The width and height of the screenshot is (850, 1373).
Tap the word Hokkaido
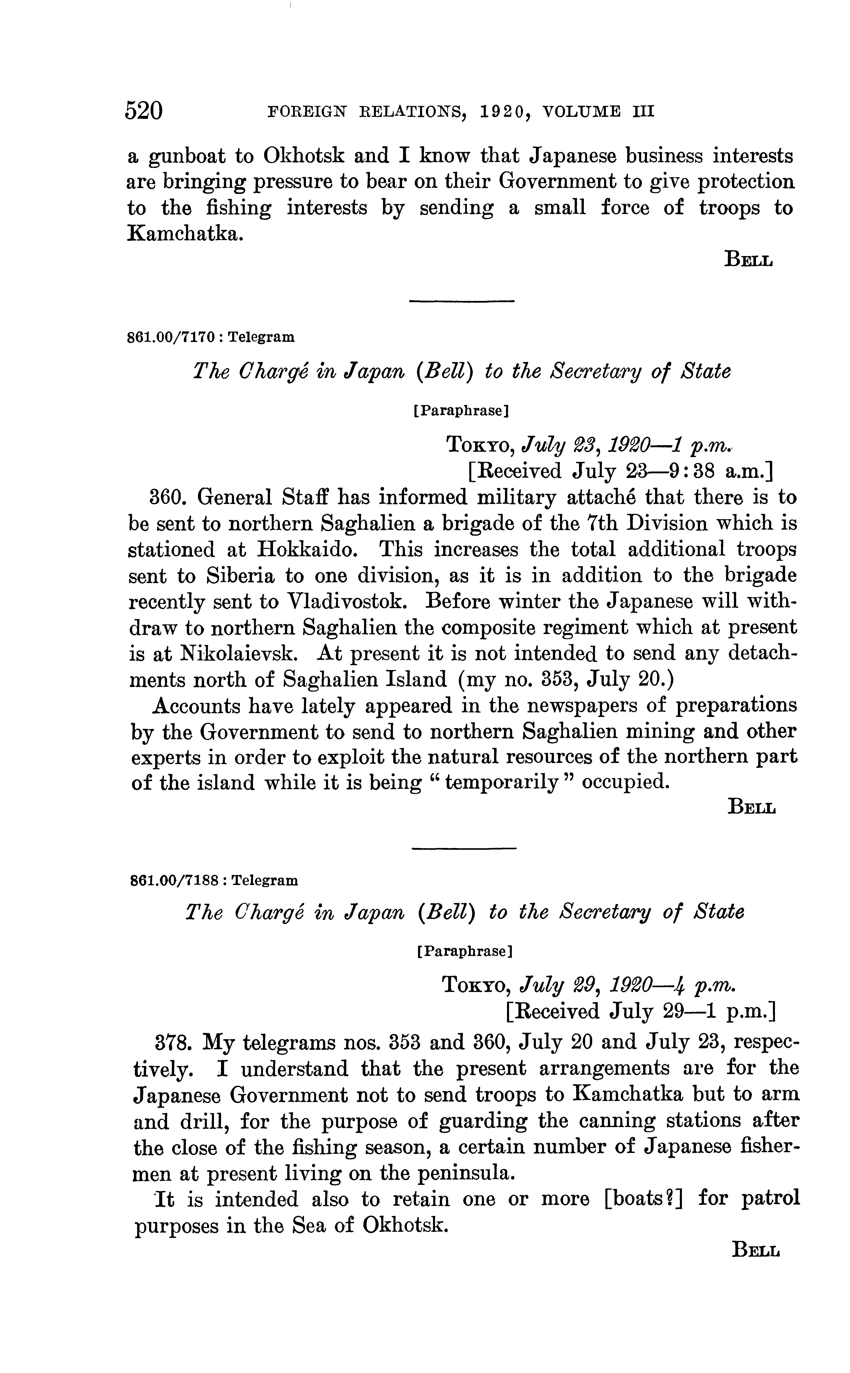(x=308, y=550)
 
